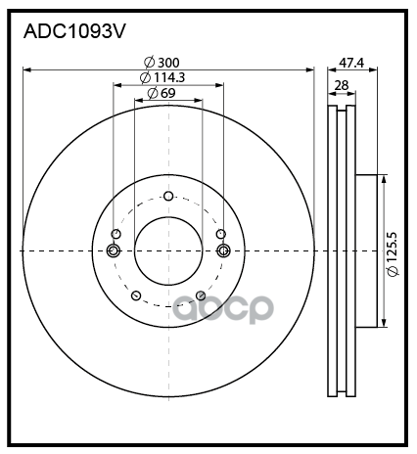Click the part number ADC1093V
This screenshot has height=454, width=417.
pyautogui.click(x=74, y=32)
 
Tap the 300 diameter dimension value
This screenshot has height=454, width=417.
pyautogui.click(x=168, y=63)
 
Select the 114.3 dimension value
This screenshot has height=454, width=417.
pyautogui.click(x=169, y=77)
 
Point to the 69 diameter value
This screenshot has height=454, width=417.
pyautogui.click(x=168, y=93)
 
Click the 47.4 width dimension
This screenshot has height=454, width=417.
pyautogui.click(x=351, y=63)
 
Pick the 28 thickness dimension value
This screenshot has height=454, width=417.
pyautogui.click(x=342, y=85)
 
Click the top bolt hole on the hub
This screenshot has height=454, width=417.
pyautogui.click(x=168, y=196)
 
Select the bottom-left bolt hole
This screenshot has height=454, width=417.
pyautogui.click(x=136, y=295)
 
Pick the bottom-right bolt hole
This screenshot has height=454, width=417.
pyautogui.click(x=201, y=295)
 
